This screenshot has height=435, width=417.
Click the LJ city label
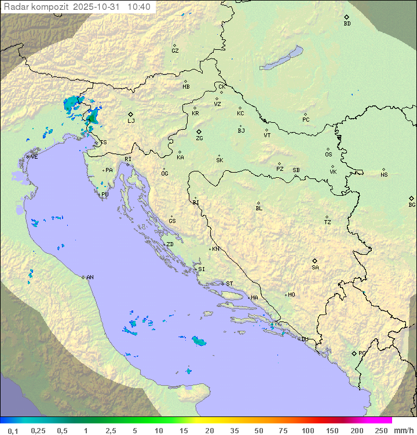131,120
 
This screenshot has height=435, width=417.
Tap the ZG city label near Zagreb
199,138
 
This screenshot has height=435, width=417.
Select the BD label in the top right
347,24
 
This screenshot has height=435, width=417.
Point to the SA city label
315,267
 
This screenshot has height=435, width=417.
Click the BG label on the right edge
412,204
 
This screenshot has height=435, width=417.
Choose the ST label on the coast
229,284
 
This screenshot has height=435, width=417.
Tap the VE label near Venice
34,157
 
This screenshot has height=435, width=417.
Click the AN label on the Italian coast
90,277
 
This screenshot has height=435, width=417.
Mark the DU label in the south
304,339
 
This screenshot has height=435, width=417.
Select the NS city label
384,175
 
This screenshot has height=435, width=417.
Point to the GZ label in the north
175,50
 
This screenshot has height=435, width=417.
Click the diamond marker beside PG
354,353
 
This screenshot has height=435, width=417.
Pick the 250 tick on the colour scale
381,430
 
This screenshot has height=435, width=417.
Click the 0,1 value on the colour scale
13,430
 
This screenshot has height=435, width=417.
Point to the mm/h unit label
403,430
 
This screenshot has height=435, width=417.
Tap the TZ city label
328,222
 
